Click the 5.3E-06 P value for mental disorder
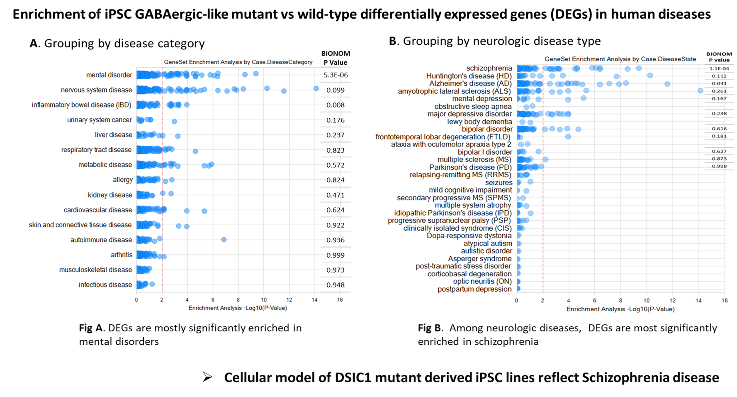(335, 75)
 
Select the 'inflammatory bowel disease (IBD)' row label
(82, 105)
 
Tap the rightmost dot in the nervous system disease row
(316, 89)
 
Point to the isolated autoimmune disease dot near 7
(224, 240)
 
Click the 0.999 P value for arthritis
(335, 255)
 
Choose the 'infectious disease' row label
(105, 285)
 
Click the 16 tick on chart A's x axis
(340, 300)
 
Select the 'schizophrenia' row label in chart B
(489, 68)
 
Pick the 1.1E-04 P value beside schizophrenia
(719, 68)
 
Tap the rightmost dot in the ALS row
(701, 91)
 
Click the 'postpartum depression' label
(474, 289)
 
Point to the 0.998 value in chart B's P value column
(719, 166)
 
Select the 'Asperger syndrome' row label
(480, 259)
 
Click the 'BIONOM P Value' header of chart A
(335, 58)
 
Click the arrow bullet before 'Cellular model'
(207, 377)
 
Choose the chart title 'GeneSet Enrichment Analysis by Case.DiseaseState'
(620, 59)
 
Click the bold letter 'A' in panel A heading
(34, 44)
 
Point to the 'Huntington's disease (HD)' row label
(469, 76)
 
